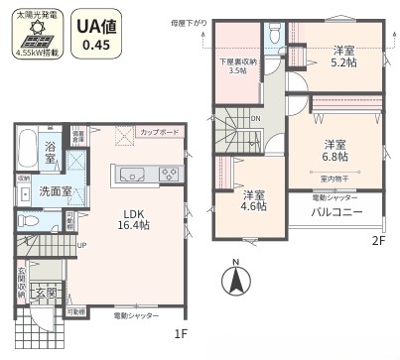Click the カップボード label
pyautogui.click(x=159, y=131)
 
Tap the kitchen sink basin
pyautogui.click(x=132, y=176)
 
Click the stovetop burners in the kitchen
pyautogui.click(x=165, y=176)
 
